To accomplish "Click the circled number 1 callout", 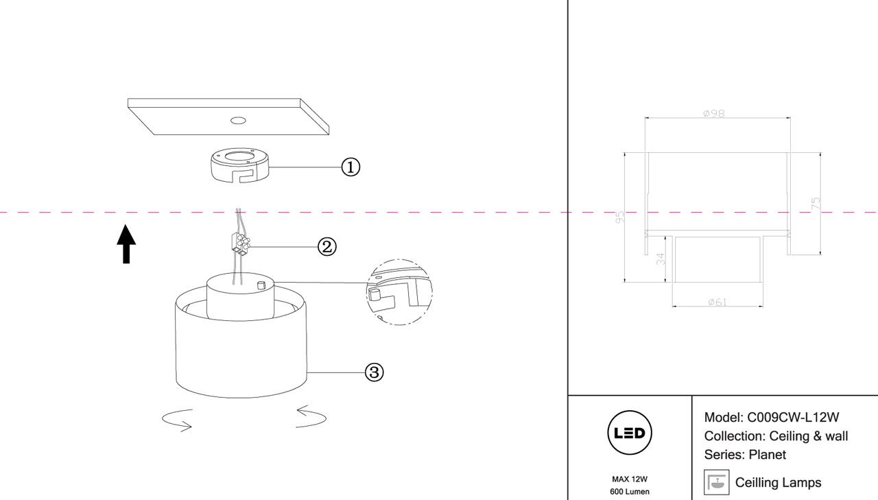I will [351, 167].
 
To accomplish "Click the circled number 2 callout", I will [327, 246].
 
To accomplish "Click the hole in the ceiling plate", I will [238, 121].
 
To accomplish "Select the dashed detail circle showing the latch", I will [399, 291].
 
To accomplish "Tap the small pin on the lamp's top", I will [261, 285].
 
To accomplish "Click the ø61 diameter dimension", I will [717, 302].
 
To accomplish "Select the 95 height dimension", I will [620, 217].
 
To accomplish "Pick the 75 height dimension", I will [816, 203].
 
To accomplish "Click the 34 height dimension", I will [661, 259].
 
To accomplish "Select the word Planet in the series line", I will [768, 455].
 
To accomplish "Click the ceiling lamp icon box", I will [716, 483].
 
